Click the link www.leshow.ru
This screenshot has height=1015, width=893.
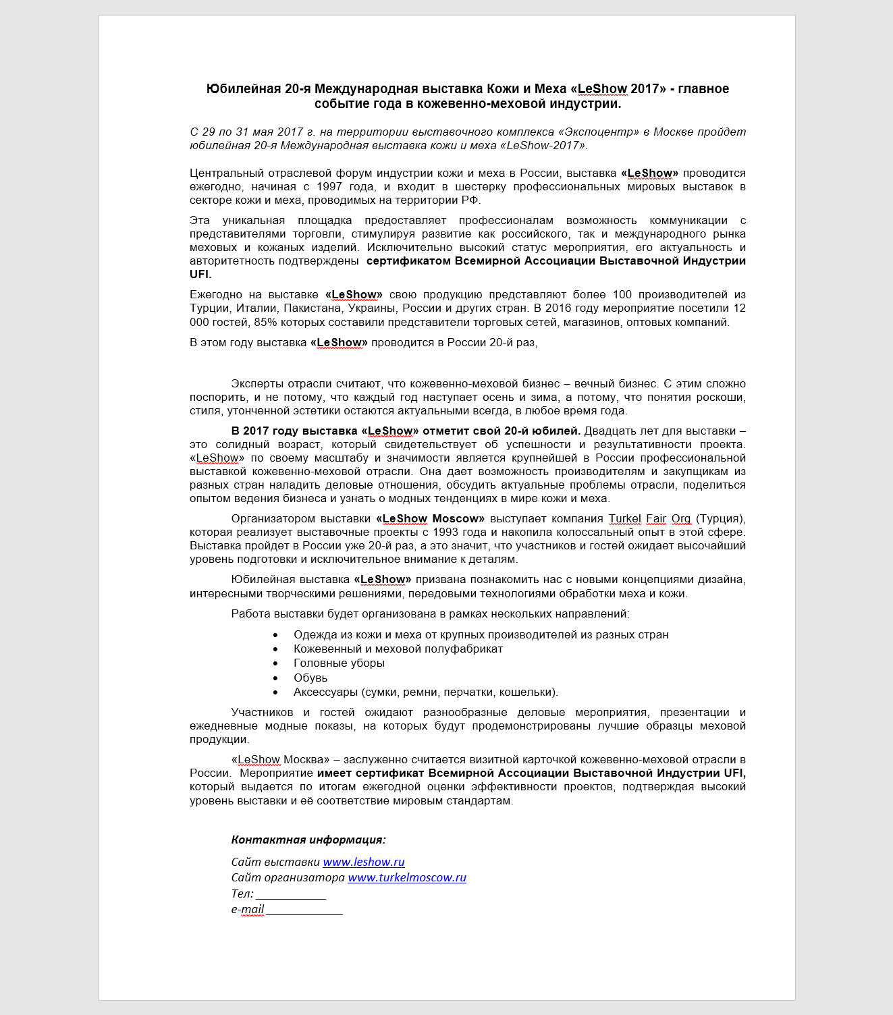364,862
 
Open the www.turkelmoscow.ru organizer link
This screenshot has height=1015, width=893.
407,877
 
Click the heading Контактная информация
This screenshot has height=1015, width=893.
308,840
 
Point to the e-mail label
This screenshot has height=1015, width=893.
248,909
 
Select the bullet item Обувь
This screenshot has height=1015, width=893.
310,678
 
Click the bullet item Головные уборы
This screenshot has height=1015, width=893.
339,663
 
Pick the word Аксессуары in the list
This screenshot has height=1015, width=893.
325,692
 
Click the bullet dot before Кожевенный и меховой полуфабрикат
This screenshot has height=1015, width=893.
275,649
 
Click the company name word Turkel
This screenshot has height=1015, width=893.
624,518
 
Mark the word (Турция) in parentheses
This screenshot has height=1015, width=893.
720,518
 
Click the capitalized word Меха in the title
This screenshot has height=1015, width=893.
550,88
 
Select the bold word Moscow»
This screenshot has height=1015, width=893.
458,518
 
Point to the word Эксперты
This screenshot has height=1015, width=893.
258,383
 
